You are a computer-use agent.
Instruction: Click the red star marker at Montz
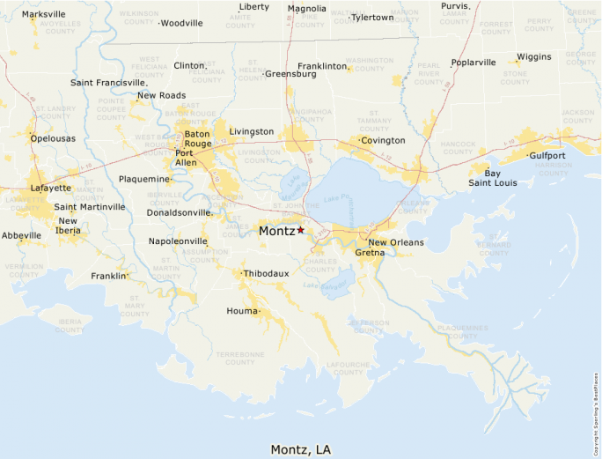300,229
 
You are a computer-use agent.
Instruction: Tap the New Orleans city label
395,242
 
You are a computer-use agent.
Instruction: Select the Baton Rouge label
197,139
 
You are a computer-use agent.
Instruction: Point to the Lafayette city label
51,188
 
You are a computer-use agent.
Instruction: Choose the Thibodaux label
266,274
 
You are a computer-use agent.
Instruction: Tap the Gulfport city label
547,155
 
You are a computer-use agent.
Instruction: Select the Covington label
383,140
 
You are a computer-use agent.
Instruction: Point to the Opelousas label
53,138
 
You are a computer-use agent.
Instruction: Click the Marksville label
43,15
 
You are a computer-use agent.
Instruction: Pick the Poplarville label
474,63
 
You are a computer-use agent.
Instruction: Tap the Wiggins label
534,56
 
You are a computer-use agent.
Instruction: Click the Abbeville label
21,235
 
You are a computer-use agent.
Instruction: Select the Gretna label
370,253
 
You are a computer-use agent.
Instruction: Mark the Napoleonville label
178,241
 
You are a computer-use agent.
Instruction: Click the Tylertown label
372,18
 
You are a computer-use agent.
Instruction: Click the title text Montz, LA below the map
301,448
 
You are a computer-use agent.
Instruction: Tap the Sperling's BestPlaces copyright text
597,406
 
